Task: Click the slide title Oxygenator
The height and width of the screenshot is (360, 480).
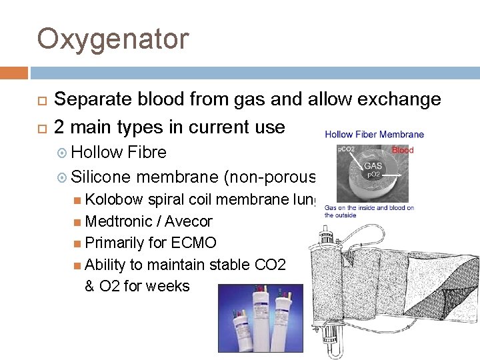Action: [113, 39]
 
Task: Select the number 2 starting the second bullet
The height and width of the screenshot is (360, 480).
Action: [59, 127]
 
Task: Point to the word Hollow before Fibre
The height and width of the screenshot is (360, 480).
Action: [98, 152]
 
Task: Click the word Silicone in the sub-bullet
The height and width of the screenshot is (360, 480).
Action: [101, 177]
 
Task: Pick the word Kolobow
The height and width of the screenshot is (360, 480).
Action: [115, 199]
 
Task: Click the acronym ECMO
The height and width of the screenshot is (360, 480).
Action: [193, 243]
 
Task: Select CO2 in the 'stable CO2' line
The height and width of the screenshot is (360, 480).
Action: [270, 265]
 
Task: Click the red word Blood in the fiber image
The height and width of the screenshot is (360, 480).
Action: [403, 151]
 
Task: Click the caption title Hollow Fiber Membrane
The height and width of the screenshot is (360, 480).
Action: [374, 135]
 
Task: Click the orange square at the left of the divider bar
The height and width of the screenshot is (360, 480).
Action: [14, 73]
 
